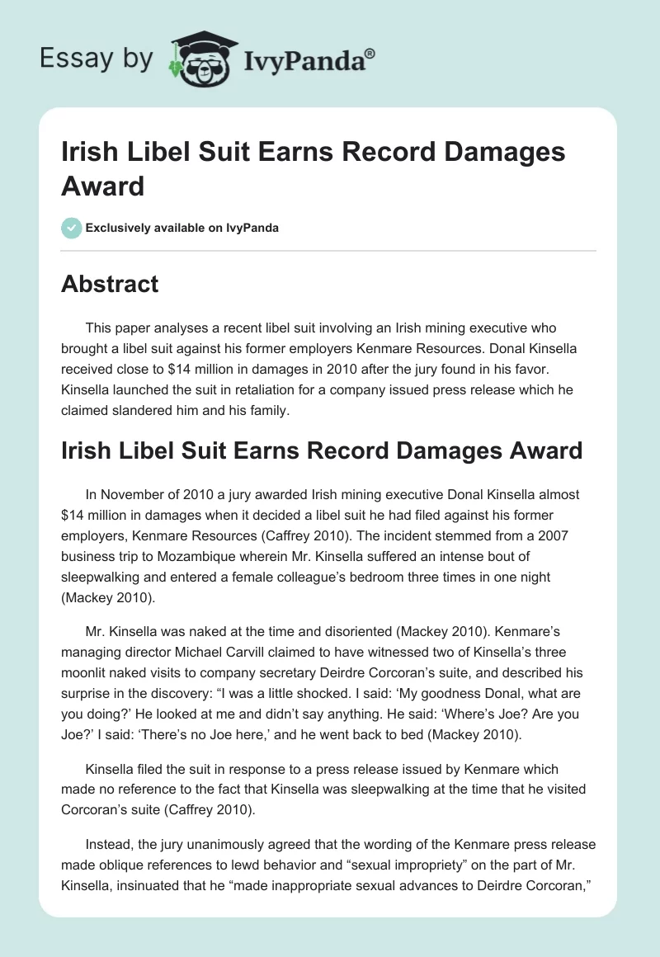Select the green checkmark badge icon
click(71, 228)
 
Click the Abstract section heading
click(110, 284)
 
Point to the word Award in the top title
click(103, 186)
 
